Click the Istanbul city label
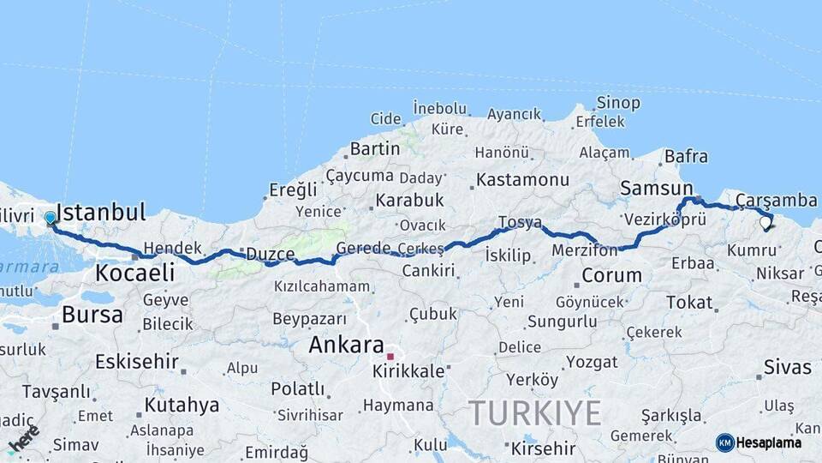[101, 212]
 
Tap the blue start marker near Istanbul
[51, 218]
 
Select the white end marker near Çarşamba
[765, 223]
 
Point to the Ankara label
[346, 345]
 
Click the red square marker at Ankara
[390, 357]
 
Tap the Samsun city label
[657, 188]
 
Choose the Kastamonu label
[522, 180]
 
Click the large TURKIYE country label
[534, 413]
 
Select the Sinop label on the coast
[618, 103]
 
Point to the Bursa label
[92, 315]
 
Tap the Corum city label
[611, 275]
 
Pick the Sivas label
[787, 367]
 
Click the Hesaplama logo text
[769, 442]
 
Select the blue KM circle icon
[724, 442]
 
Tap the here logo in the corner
[23, 438]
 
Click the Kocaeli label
[135, 273]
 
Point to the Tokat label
[688, 302]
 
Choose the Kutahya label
[181, 405]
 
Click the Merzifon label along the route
[585, 251]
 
